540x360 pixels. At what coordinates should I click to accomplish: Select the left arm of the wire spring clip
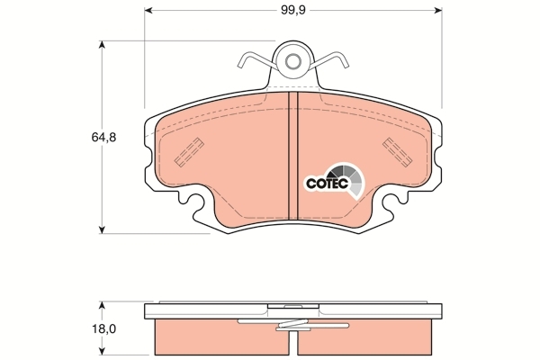tap(256, 60)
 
